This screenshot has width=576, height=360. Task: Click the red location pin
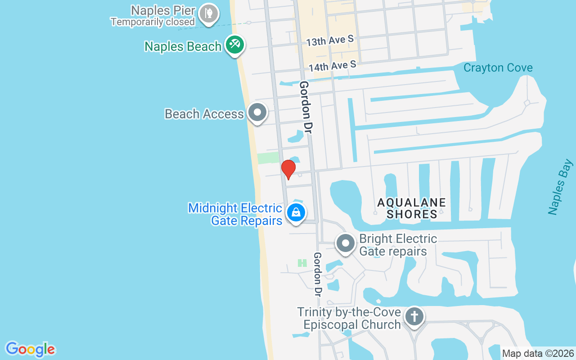288,169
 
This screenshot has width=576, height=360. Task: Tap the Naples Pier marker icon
208,13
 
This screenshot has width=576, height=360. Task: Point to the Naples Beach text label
183,46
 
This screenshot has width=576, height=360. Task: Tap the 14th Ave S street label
333,66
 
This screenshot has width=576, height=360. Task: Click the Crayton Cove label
498,68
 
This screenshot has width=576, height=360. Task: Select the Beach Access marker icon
257,112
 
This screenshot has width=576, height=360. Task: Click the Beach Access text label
204,114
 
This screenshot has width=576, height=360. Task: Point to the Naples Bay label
561,187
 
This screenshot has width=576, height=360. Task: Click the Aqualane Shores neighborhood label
411,208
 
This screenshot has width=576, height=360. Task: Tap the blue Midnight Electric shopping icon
296,212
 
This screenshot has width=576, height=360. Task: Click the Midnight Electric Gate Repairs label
235,214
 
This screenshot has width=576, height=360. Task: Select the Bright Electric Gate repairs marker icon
346,244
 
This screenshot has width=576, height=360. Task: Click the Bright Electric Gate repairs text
398,245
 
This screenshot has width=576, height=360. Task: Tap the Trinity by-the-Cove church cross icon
414,316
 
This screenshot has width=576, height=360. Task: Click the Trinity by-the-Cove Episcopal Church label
349,318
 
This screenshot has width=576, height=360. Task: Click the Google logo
31,349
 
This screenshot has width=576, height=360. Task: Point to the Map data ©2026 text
538,354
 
